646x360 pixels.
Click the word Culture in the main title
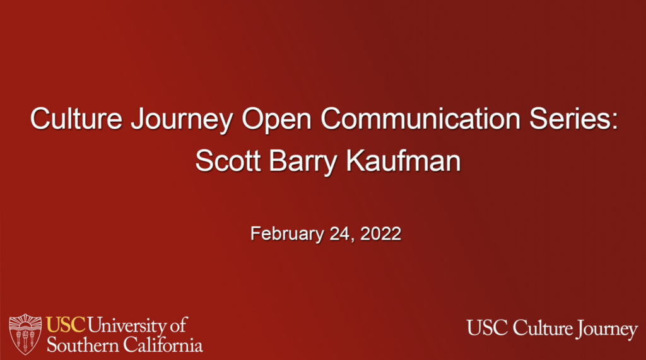pos(76,119)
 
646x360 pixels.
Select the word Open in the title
pos(276,120)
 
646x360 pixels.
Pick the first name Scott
pos(228,161)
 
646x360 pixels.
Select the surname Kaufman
pos(403,161)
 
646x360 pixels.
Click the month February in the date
pos(287,234)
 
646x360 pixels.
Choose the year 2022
pos(380,233)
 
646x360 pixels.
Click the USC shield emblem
pos(25,334)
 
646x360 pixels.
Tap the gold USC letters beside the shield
pos(66,325)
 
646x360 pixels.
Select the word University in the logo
pos(127,326)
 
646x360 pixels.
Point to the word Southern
pos(83,344)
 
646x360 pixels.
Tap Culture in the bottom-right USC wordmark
pos(543,328)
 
